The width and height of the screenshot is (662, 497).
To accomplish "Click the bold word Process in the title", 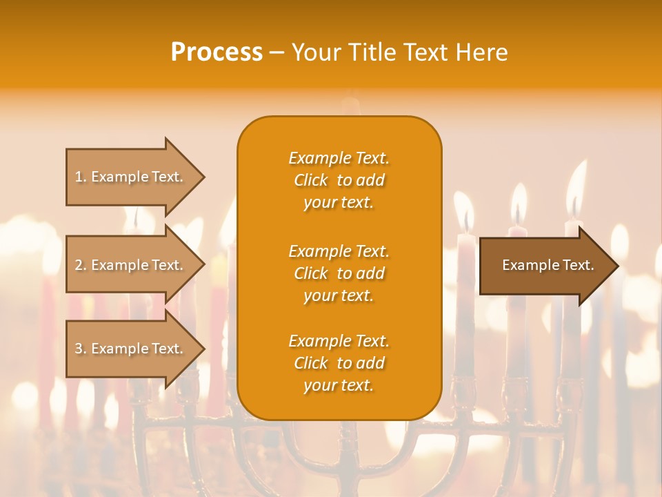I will click(217, 52).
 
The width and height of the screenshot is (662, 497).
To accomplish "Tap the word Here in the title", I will click(480, 52).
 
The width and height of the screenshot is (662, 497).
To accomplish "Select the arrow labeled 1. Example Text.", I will click(131, 177).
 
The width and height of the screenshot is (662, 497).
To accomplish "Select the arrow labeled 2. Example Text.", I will click(131, 265).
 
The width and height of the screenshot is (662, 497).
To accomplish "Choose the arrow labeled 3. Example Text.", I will click(131, 349).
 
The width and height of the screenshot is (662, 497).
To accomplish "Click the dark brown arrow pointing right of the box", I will click(545, 265).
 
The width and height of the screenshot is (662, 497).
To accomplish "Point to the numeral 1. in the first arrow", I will click(81, 177).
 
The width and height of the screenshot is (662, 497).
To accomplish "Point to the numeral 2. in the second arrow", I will click(81, 265).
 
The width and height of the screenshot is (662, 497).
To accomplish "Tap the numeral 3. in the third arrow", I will click(81, 349).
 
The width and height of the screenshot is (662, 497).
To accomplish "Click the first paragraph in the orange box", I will click(339, 180).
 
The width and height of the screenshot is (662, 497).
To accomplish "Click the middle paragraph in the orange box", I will click(339, 273).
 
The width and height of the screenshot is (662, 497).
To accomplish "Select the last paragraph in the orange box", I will click(339, 363).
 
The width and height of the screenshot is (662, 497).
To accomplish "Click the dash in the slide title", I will click(277, 52).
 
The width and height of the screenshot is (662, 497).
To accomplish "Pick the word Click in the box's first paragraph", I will click(311, 180).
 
